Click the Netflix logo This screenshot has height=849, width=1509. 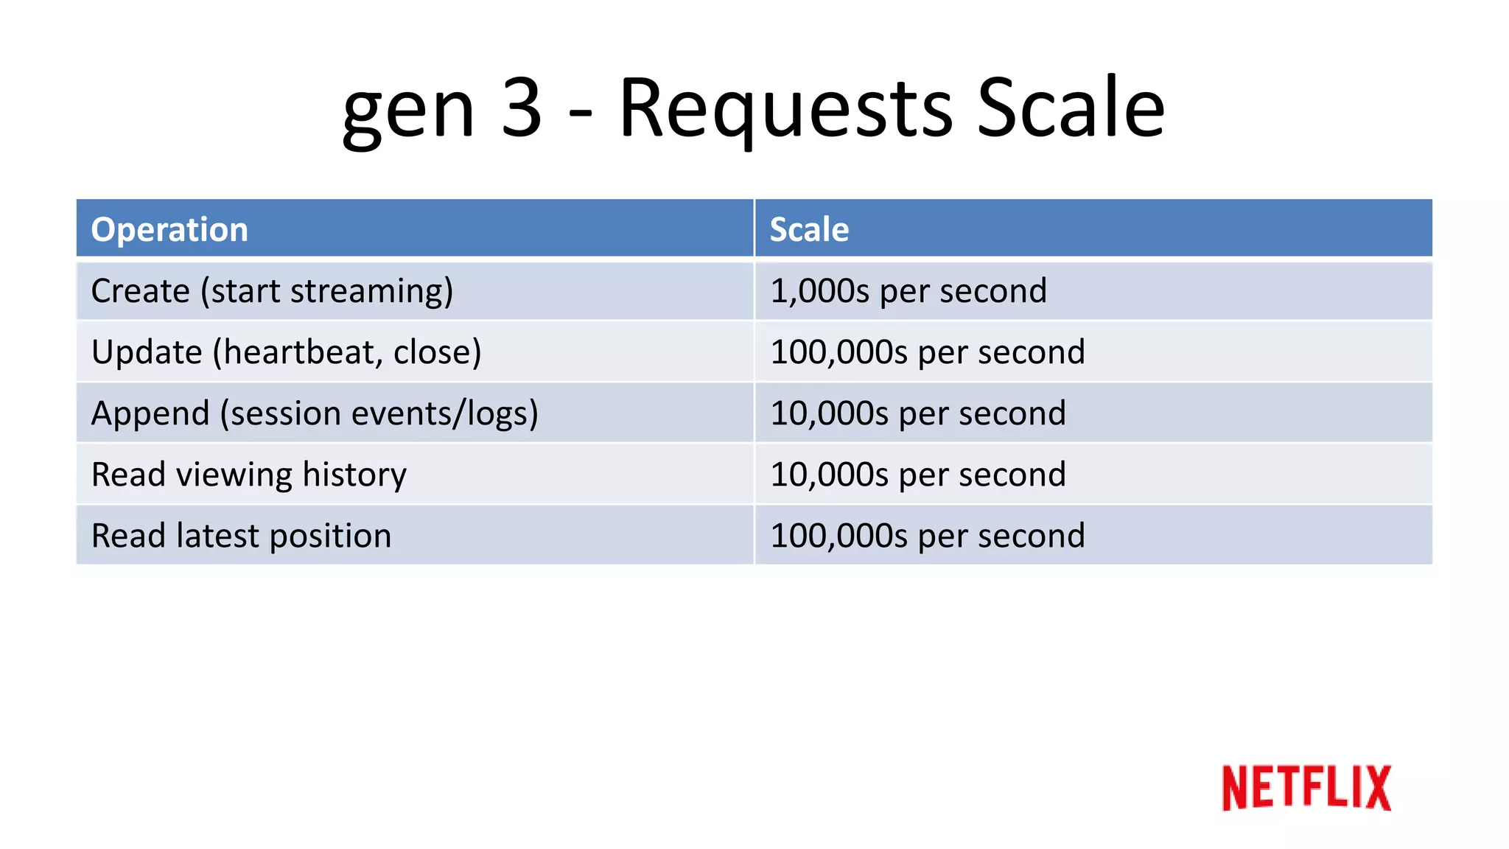pyautogui.click(x=1306, y=788)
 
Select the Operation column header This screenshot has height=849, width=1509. pyautogui.click(x=169, y=229)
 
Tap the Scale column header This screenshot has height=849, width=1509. pyautogui.click(x=809, y=229)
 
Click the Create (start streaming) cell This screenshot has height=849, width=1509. pyautogui.click(x=272, y=291)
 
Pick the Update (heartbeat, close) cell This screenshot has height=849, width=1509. pyautogui.click(x=286, y=352)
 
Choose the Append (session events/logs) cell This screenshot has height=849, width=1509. pyautogui.click(x=315, y=413)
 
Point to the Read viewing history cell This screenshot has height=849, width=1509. pyautogui.click(x=249, y=475)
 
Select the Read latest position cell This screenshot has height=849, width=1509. pyautogui.click(x=241, y=536)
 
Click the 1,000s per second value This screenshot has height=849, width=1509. pyautogui.click(x=908, y=291)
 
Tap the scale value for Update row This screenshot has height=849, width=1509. pyautogui.click(x=927, y=352)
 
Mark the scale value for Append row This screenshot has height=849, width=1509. pyautogui.click(x=917, y=413)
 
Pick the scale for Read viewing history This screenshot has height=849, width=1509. pyautogui.click(x=917, y=475)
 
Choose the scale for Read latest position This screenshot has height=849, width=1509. pyautogui.click(x=927, y=536)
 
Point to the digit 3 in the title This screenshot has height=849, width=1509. pyautogui.click(x=522, y=108)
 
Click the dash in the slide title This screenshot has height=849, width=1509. pyautogui.click(x=581, y=114)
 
